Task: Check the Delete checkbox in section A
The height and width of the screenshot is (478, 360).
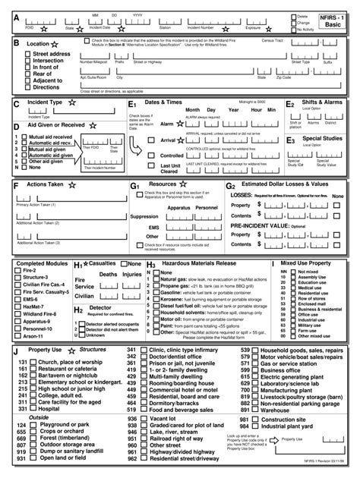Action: (x=292, y=15)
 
